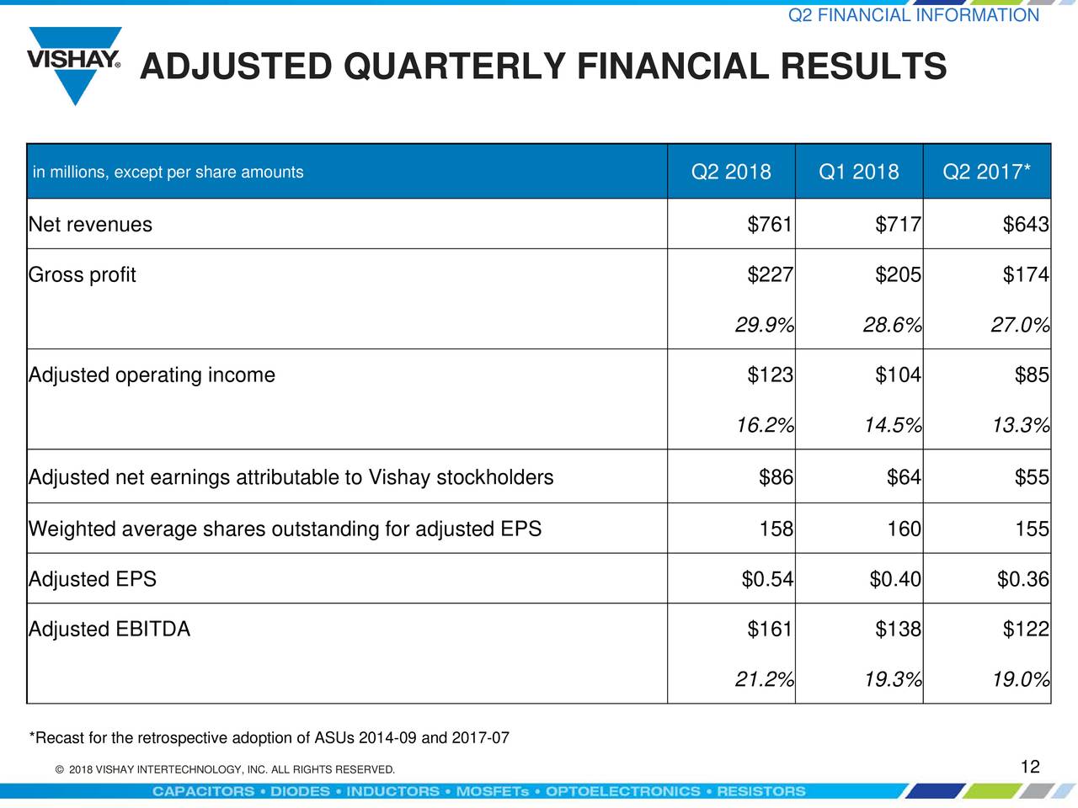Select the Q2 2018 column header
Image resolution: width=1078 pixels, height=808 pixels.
tap(730, 173)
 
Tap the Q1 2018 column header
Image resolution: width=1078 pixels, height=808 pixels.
tap(858, 173)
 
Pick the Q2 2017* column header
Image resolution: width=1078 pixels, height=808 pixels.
tap(986, 173)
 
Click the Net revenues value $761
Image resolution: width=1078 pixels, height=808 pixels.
tap(770, 225)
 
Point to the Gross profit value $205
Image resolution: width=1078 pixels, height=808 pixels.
tap(898, 275)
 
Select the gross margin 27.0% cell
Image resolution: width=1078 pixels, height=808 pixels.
tap(1020, 325)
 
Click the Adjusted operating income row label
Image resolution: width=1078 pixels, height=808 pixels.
tap(152, 375)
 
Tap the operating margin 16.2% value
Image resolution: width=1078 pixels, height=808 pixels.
tap(764, 426)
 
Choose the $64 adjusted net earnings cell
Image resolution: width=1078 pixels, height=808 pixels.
tap(904, 478)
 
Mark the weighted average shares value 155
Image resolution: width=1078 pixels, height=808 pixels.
tap(1032, 529)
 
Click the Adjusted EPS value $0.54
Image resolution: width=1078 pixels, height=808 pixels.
tap(767, 580)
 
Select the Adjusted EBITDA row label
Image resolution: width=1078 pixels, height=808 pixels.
tap(109, 630)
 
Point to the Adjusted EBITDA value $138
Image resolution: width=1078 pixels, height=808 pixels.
tap(898, 630)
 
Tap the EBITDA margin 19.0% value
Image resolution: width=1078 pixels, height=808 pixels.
tap(1020, 679)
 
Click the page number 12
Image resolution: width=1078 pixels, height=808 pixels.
tap(1030, 767)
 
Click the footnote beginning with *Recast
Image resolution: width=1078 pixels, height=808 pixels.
tap(269, 739)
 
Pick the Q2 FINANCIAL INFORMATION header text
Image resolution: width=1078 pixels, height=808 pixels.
tap(913, 16)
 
